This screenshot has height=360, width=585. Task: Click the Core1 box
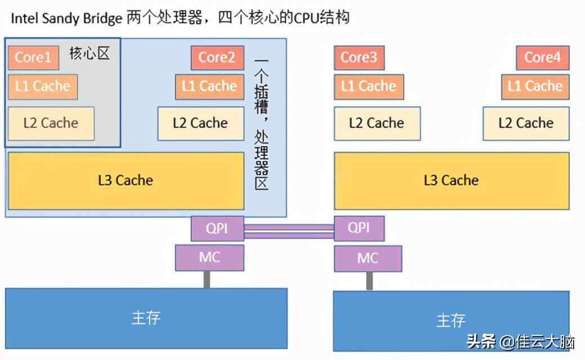pyautogui.click(x=33, y=57)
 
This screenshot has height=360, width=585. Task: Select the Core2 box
pyautogui.click(x=217, y=57)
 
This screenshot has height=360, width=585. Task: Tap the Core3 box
pyautogui.click(x=359, y=57)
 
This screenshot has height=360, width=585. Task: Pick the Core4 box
pyautogui.click(x=542, y=57)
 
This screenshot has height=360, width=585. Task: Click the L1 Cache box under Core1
pyautogui.click(x=43, y=87)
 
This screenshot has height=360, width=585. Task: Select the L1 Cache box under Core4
pyautogui.click(x=535, y=87)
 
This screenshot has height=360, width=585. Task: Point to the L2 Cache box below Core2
pyautogui.click(x=200, y=123)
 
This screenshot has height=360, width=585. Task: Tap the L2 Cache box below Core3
pyautogui.click(x=377, y=123)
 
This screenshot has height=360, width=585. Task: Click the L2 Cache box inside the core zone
pyautogui.click(x=51, y=123)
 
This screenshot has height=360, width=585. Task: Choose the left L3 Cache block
pyautogui.click(x=125, y=181)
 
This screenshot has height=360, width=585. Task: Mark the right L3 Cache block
pyautogui.click(x=451, y=181)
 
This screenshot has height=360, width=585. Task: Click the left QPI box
pyautogui.click(x=217, y=228)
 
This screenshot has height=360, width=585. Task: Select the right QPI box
pyautogui.click(x=359, y=228)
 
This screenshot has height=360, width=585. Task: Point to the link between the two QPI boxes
pyautogui.click(x=289, y=231)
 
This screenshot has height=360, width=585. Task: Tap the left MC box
pyautogui.click(x=209, y=258)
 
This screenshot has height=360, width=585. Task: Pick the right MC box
pyautogui.click(x=368, y=258)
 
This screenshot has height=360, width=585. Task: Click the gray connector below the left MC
pyautogui.click(x=207, y=279)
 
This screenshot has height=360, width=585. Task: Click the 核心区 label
pyautogui.click(x=89, y=53)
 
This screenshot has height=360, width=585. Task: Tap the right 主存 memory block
pyautogui.click(x=451, y=320)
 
